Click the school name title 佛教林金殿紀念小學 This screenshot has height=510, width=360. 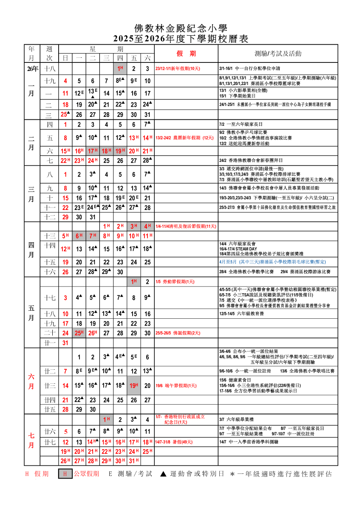click(180, 28)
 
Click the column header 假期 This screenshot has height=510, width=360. click(186, 54)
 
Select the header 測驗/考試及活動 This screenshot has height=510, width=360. click(278, 54)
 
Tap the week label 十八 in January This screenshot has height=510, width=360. click(49, 68)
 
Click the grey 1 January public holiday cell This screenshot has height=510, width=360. click(120, 68)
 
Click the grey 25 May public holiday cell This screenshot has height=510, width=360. click(79, 333)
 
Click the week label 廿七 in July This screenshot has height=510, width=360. click(49, 442)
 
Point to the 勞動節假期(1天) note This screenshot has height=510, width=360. click(175, 281)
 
